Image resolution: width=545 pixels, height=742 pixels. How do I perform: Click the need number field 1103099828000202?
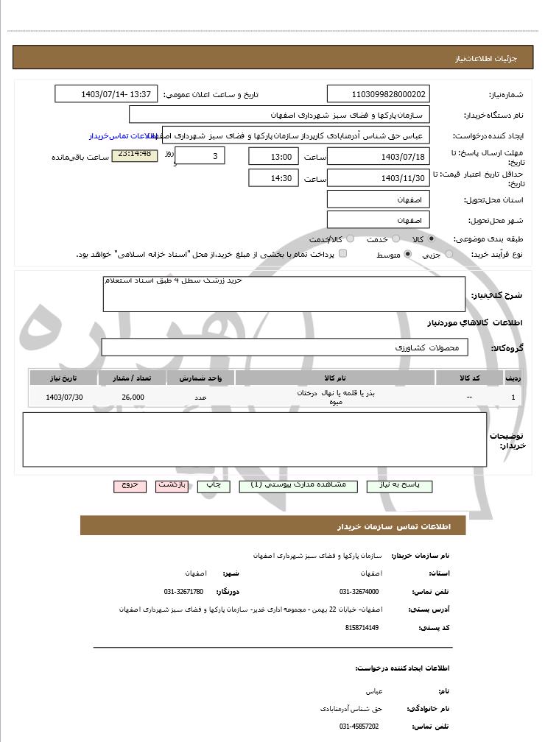point(379,94)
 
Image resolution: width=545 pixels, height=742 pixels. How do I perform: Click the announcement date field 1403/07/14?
point(106,94)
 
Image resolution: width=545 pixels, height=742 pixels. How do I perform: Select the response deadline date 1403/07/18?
point(379,157)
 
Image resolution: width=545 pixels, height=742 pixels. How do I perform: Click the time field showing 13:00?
point(274,157)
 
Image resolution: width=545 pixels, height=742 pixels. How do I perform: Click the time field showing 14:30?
point(274,178)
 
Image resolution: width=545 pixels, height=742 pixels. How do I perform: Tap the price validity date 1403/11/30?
point(379,178)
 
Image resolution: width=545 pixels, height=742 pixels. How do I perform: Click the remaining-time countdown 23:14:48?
point(134,154)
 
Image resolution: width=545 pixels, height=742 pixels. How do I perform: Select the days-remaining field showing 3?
point(200,156)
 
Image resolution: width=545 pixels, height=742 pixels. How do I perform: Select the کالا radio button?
point(432,239)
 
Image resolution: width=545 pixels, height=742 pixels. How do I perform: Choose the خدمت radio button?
point(395,239)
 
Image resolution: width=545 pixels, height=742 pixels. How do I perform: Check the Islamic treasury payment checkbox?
point(342,254)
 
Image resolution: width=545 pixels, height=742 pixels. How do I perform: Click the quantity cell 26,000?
point(133,397)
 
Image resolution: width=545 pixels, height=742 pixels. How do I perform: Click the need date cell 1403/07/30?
point(65,397)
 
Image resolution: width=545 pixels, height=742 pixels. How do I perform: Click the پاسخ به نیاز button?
point(403,486)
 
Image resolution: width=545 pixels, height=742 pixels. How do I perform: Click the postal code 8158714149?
point(362,627)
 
